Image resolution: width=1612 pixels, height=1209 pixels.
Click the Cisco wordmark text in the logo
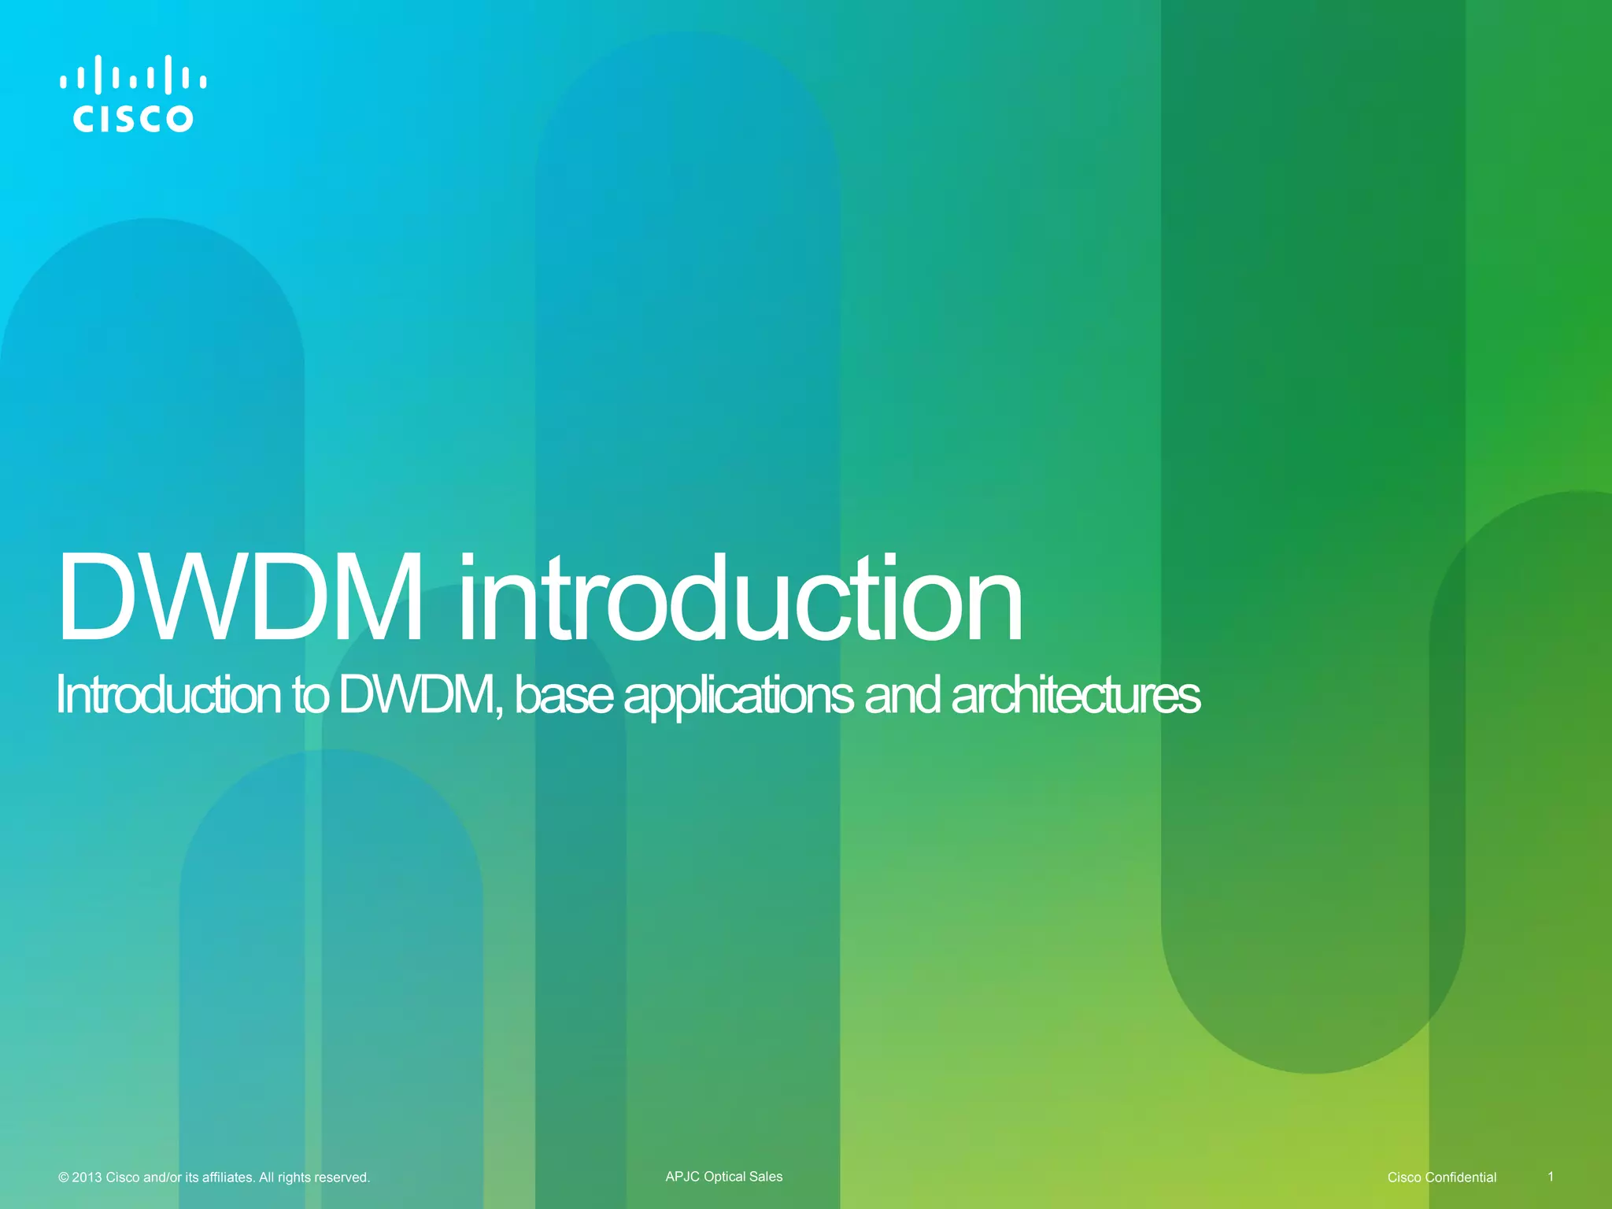pos(133,119)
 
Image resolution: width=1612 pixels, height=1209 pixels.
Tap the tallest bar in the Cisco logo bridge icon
pos(98,74)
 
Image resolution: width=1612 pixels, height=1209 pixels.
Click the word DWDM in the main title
pos(239,598)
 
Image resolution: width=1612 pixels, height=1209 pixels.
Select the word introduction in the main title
pos(740,598)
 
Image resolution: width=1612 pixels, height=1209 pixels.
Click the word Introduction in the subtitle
pos(168,696)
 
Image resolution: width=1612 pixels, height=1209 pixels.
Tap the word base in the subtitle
pos(564,696)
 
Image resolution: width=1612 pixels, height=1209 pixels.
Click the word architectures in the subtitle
pos(1075,696)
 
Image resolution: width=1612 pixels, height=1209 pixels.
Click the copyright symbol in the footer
pos(63,1178)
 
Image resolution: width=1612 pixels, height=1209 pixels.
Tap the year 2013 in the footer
pos(87,1178)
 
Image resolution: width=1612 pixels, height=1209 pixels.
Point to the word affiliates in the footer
pos(228,1178)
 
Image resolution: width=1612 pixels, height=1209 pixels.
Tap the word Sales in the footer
pos(767,1177)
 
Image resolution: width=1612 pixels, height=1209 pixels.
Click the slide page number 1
pos(1551,1177)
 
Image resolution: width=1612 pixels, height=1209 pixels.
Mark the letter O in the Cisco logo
pos(179,119)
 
